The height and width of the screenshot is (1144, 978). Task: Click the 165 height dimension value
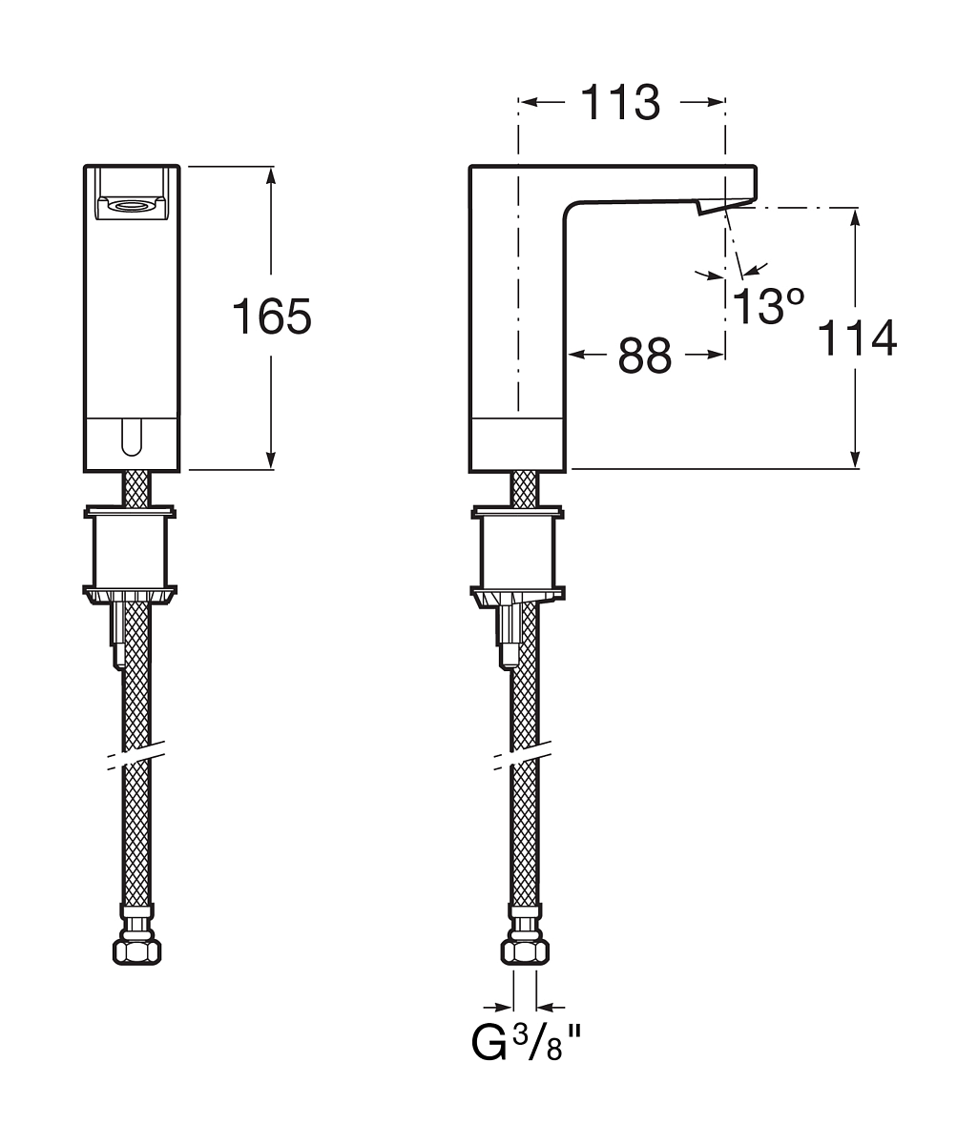point(272,316)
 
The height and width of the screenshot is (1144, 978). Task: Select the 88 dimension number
point(645,356)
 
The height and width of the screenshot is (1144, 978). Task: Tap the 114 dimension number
point(857,337)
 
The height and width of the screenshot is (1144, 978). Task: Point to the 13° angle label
point(767,305)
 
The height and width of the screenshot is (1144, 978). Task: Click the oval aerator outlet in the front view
point(132,206)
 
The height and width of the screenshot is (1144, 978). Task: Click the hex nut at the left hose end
point(136,950)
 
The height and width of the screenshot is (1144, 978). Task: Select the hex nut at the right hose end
point(525,950)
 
